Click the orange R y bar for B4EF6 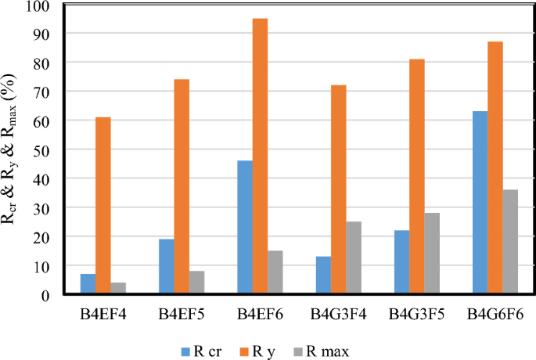(260, 157)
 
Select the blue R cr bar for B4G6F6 (480, 203)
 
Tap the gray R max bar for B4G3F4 (354, 258)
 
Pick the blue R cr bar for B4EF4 (88, 284)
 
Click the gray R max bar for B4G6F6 (511, 242)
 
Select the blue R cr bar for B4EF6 (244, 228)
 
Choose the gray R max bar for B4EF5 (197, 283)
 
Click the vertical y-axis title (13, 150)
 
